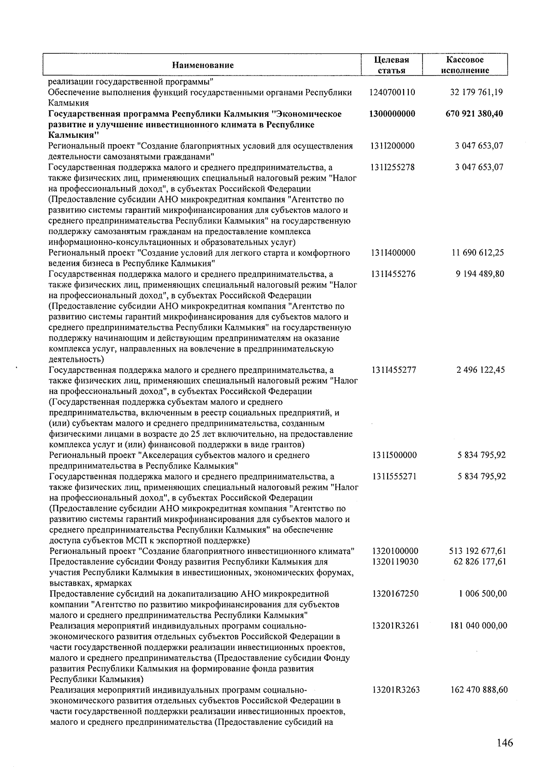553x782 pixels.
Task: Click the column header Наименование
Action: (203, 65)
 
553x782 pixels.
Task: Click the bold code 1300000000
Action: (392, 114)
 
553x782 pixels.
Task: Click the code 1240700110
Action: (392, 92)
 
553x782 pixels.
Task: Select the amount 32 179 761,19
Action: (476, 92)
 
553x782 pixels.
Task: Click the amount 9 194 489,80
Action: (480, 274)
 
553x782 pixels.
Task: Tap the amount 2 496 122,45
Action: (480, 370)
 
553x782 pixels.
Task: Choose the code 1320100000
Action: (395, 551)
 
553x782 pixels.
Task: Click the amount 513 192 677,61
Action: (478, 551)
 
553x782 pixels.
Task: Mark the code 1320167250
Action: (395, 594)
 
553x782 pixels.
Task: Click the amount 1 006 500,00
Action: (482, 594)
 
